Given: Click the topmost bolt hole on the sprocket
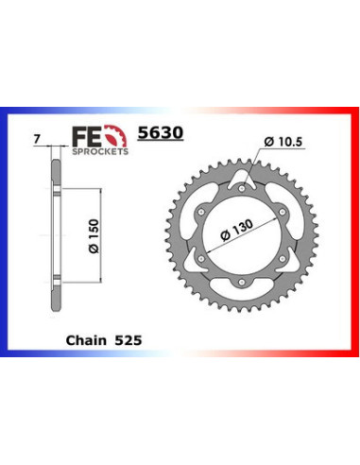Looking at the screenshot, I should (243, 188).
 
